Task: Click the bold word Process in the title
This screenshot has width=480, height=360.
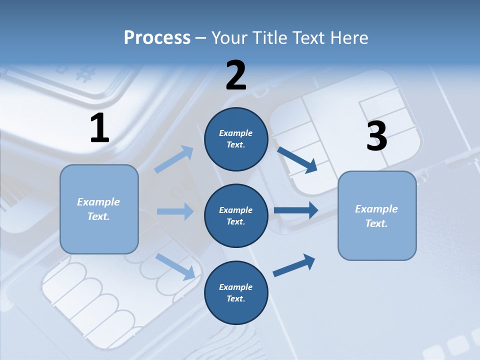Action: point(157,37)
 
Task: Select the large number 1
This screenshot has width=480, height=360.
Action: point(99,128)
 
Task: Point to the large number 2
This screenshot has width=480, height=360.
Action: point(236,75)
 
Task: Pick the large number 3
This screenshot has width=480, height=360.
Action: point(376,136)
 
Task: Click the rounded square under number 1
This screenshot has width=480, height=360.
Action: point(99,209)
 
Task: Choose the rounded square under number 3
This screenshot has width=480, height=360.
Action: point(377,215)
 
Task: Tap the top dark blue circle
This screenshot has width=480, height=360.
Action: point(236,139)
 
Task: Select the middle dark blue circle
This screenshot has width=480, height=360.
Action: point(236,215)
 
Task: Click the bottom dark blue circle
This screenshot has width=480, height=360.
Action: point(236,292)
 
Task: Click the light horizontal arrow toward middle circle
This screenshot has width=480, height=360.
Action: point(175,211)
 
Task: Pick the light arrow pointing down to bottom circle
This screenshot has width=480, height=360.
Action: point(175,266)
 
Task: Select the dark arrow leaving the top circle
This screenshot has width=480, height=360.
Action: point(297,159)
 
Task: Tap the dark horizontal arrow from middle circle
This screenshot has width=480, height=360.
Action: point(296,210)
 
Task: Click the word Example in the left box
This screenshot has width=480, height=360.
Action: point(98,202)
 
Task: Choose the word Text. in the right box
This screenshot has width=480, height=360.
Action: point(376,223)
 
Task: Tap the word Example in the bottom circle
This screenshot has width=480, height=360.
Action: point(235,287)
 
